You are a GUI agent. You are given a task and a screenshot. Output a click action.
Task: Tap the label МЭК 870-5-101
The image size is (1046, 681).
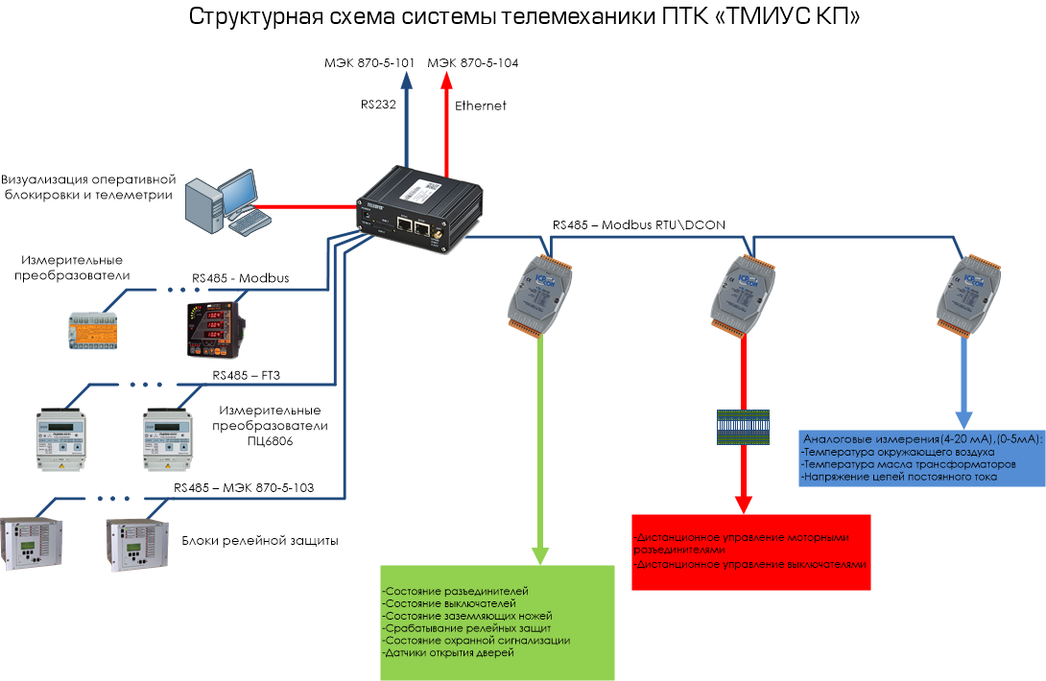click(x=368, y=63)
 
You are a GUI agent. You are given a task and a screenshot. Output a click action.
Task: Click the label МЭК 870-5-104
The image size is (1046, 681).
click(x=472, y=63)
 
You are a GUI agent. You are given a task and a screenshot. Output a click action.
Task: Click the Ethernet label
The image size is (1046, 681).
click(x=480, y=106)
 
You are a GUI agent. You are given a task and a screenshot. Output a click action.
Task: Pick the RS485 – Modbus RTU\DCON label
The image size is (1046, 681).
click(x=638, y=225)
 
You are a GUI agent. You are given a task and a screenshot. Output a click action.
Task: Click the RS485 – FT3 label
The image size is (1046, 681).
click(x=246, y=375)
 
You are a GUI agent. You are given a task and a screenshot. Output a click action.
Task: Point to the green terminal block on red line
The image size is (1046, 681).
click(x=744, y=427)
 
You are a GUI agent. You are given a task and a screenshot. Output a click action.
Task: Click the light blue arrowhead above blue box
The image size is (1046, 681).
click(x=962, y=419)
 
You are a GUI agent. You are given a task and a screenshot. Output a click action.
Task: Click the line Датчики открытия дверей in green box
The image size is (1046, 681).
click(x=449, y=652)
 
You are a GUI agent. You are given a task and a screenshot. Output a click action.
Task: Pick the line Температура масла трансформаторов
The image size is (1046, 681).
click(x=908, y=463)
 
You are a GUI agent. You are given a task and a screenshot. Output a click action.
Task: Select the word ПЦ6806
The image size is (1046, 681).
click(x=272, y=442)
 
